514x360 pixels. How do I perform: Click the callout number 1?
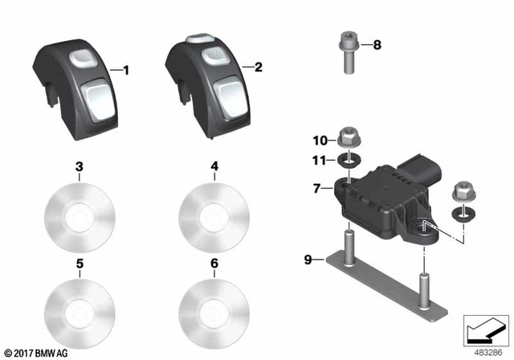coord(126,71)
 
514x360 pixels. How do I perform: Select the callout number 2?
coord(258,68)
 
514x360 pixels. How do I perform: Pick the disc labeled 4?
coord(214,215)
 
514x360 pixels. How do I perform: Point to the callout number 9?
coord(308,259)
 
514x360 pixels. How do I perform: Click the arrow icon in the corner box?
coord(483,328)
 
